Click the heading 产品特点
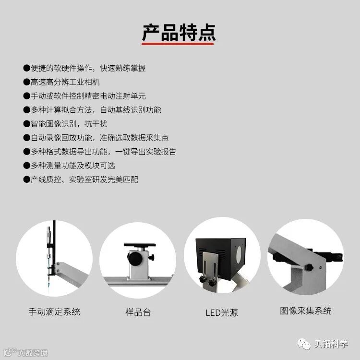pyautogui.click(x=179, y=33)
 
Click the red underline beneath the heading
pyautogui.click(x=178, y=44)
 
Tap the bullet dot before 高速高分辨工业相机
pyautogui.click(x=26, y=82)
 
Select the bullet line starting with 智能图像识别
pyautogui.click(x=65, y=124)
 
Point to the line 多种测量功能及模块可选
pyautogui.click(x=69, y=166)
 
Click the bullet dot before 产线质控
pyautogui.click(x=26, y=180)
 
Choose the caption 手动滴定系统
pyautogui.click(x=54, y=312)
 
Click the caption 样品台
pyautogui.click(x=138, y=312)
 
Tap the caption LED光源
pyautogui.click(x=222, y=312)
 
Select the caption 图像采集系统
pyautogui.click(x=306, y=311)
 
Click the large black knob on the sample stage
pyautogui.click(x=135, y=258)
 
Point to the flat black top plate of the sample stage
pyautogui.click(x=140, y=245)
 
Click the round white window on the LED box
pyautogui.click(x=239, y=253)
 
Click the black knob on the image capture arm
pyautogui.click(x=309, y=267)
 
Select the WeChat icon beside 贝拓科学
pyautogui.click(x=304, y=344)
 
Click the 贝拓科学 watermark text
pyautogui.click(x=331, y=344)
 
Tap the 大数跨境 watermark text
pyautogui.click(x=33, y=353)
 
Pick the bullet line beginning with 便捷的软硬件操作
pyautogui.click(x=84, y=68)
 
